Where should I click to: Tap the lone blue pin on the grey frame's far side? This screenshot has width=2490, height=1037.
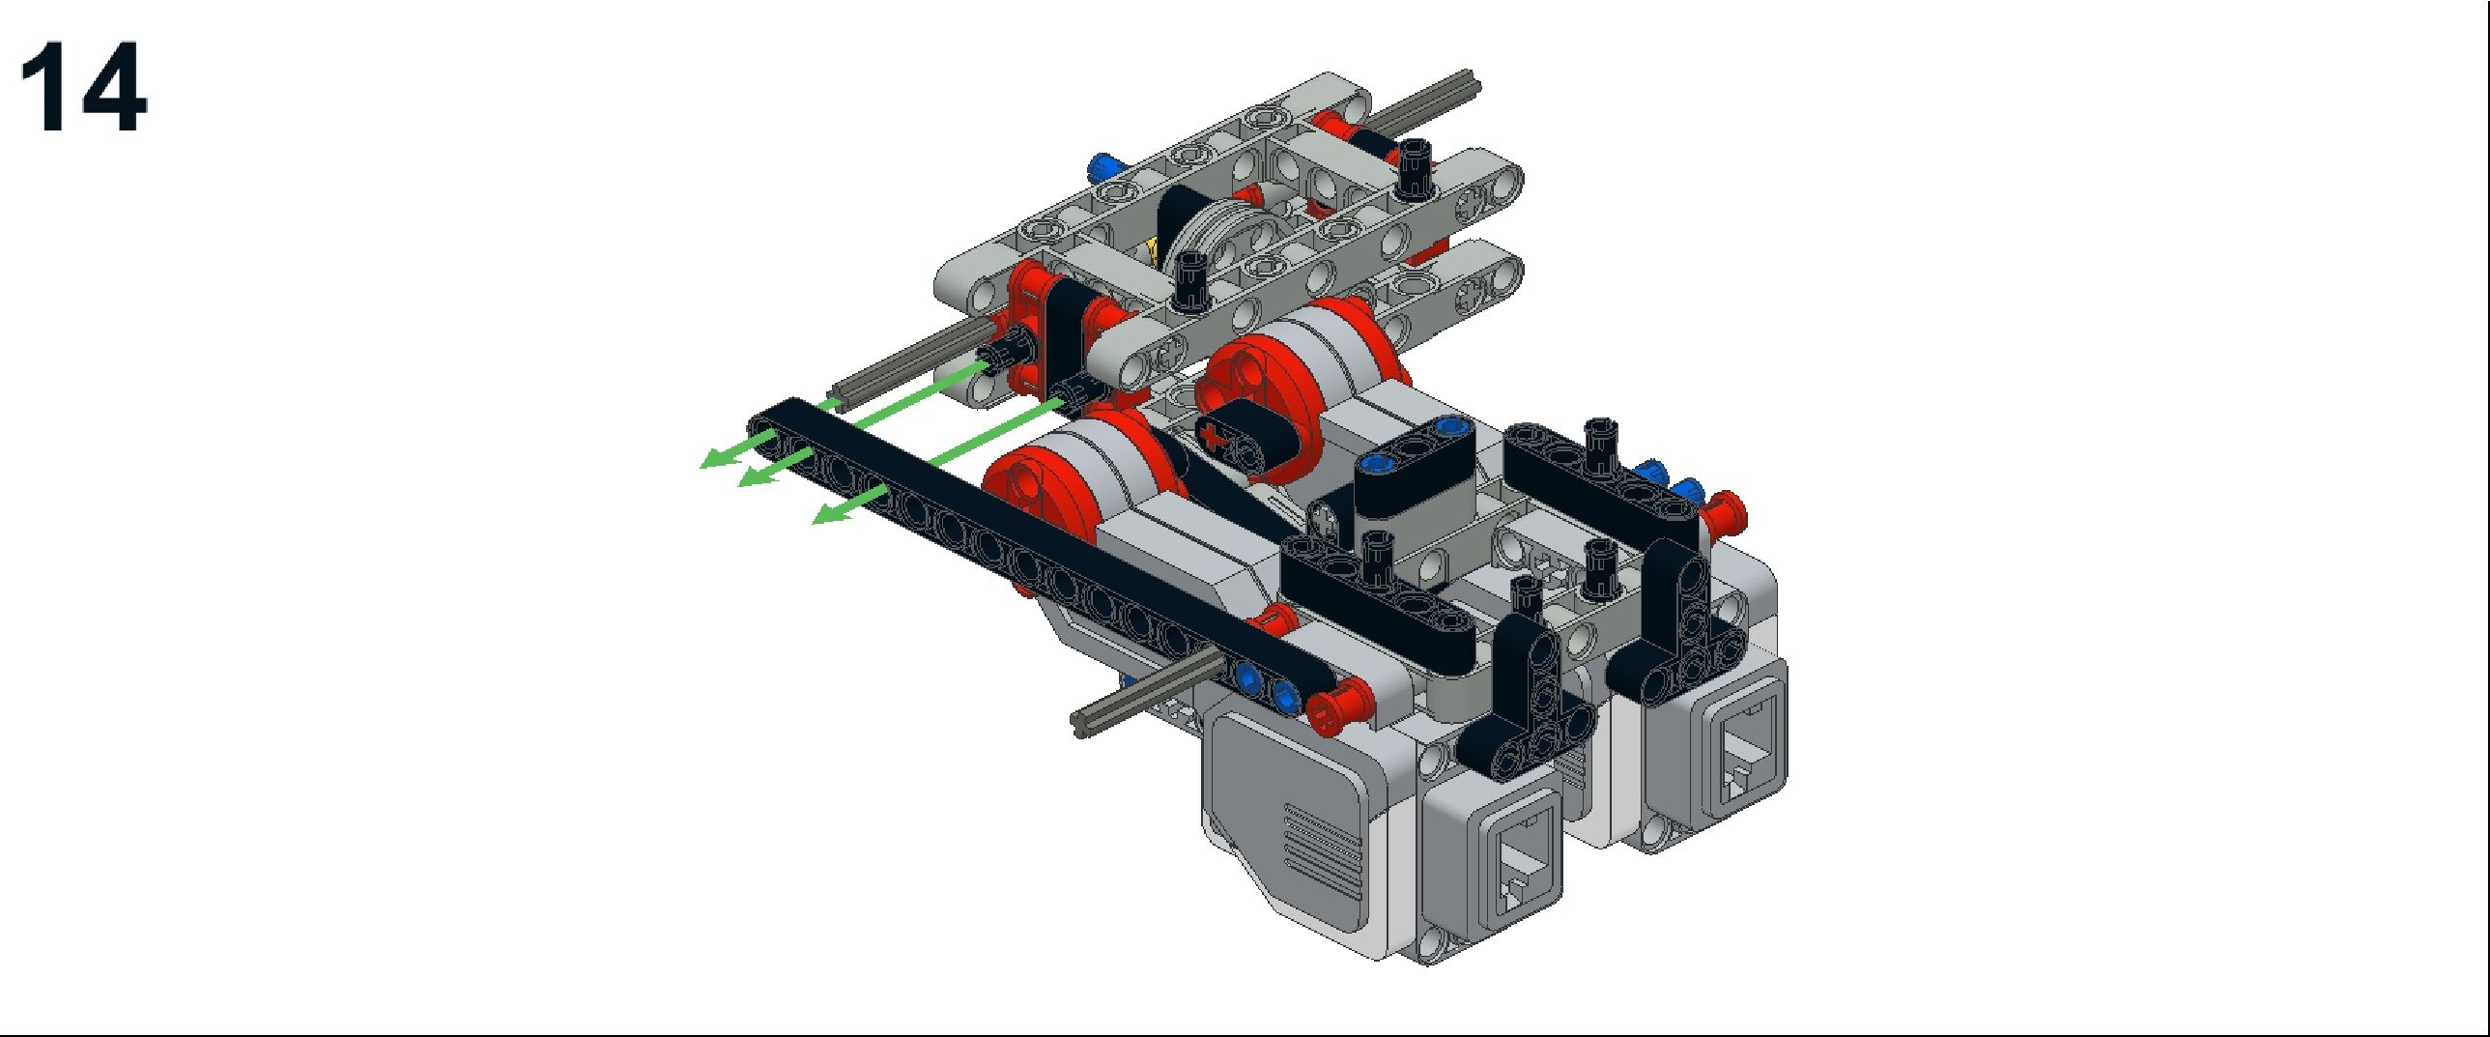(1101, 169)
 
